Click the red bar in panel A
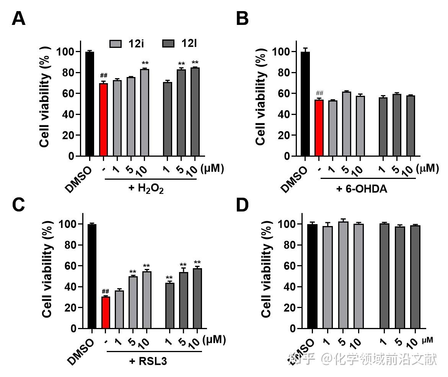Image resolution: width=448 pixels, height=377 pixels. point(103,120)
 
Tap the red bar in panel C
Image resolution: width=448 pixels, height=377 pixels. point(106,312)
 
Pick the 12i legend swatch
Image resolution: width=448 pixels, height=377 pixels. point(115,43)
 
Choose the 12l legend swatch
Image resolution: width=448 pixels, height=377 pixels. point(168,43)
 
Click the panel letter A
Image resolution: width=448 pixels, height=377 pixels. point(18,19)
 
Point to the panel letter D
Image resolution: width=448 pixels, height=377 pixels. point(242,206)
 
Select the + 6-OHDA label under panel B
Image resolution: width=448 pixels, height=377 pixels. point(362,188)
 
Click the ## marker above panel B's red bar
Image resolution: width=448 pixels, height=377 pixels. point(319,93)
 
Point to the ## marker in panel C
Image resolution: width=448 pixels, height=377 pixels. point(106,291)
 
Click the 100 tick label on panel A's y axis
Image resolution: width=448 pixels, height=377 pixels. point(65,52)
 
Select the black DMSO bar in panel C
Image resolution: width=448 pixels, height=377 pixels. point(92,276)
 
